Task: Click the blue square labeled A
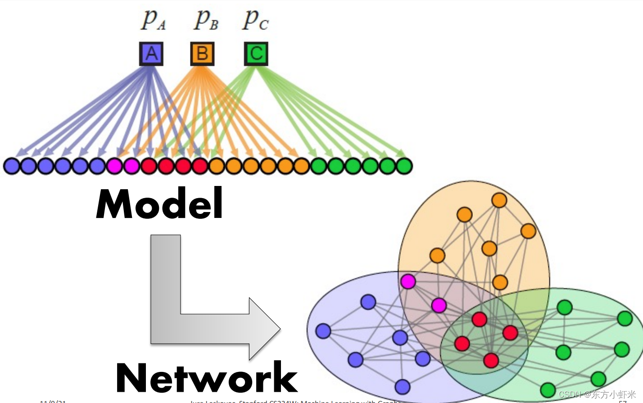151,54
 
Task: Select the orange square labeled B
202,54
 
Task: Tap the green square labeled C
256,54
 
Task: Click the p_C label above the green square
255,20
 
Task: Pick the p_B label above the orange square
206,20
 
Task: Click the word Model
160,204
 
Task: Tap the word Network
207,377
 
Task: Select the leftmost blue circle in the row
11,166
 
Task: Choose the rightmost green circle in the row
404,166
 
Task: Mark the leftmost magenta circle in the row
114,166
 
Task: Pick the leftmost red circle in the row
149,166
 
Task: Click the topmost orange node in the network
499,200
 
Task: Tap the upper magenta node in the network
408,281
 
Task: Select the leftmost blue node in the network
323,331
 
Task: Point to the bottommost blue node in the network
403,386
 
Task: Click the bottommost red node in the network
491,360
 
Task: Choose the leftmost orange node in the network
437,255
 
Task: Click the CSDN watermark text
597,394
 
